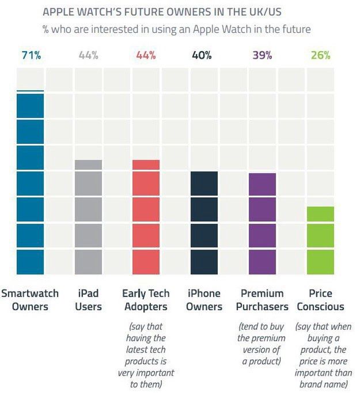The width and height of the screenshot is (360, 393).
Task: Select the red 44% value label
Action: click(146, 56)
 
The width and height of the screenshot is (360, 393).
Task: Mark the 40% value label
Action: click(203, 56)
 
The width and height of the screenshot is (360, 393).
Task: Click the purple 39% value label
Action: click(262, 56)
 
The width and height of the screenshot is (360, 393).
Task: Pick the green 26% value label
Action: click(320, 56)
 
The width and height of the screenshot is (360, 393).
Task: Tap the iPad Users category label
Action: click(88, 300)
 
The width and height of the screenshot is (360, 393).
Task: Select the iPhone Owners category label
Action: click(204, 300)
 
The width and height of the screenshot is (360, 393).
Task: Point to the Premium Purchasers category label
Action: click(262, 300)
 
